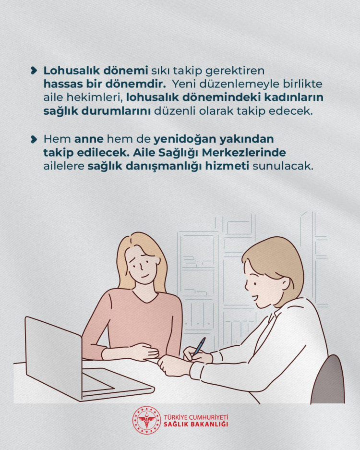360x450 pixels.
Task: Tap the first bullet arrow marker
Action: pyautogui.click(x=34, y=71)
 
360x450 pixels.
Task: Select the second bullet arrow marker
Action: pyautogui.click(x=34, y=139)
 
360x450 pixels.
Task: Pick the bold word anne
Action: pyautogui.click(x=89, y=139)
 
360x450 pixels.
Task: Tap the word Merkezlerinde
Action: pyautogui.click(x=244, y=153)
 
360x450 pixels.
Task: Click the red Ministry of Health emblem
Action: pyautogui.click(x=146, y=420)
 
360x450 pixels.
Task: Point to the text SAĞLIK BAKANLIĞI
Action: pyautogui.click(x=196, y=425)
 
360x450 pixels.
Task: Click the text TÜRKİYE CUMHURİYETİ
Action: pyautogui.click(x=196, y=417)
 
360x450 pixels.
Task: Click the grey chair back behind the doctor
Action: pyautogui.click(x=329, y=379)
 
